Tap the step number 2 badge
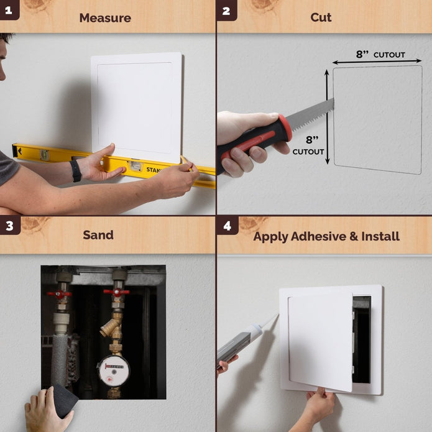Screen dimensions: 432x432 point(226,9)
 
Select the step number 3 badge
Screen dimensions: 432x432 point(9,226)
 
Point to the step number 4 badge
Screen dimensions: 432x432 point(227,226)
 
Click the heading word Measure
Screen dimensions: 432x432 point(105,17)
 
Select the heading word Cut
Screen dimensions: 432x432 point(321,17)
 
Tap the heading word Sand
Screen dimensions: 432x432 point(98,235)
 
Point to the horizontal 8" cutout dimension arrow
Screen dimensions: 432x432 point(377,62)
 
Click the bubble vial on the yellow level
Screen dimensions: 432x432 point(134,166)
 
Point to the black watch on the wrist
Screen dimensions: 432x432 point(76,170)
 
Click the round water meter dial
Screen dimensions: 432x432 point(113,370)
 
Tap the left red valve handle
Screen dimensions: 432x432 point(60,294)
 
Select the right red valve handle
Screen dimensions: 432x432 point(116,292)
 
